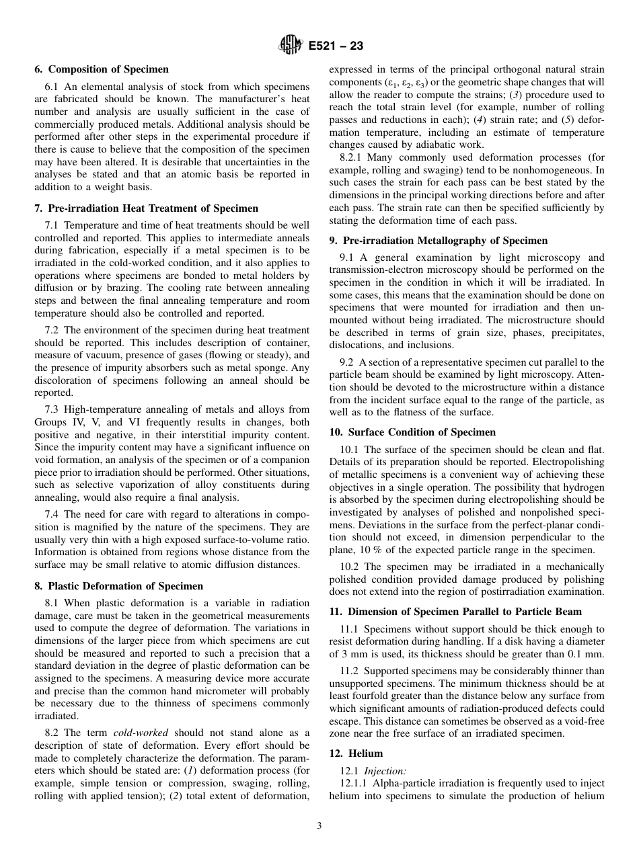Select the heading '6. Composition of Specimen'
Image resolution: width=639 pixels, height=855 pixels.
[102, 69]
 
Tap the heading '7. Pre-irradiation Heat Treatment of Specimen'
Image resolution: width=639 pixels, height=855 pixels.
[146, 208]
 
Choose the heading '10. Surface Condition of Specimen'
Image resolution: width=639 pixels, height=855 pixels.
[412, 432]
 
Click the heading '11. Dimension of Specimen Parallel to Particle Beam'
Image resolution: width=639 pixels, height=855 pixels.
[455, 612]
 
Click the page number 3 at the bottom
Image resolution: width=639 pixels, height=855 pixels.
[319, 826]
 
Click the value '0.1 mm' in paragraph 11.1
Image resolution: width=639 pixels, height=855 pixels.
[588, 653]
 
